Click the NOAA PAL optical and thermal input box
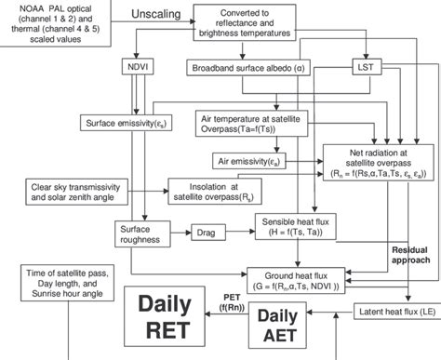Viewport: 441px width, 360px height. (x=57, y=21)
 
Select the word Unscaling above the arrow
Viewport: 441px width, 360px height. (x=145, y=17)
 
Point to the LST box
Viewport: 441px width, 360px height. (x=364, y=68)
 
